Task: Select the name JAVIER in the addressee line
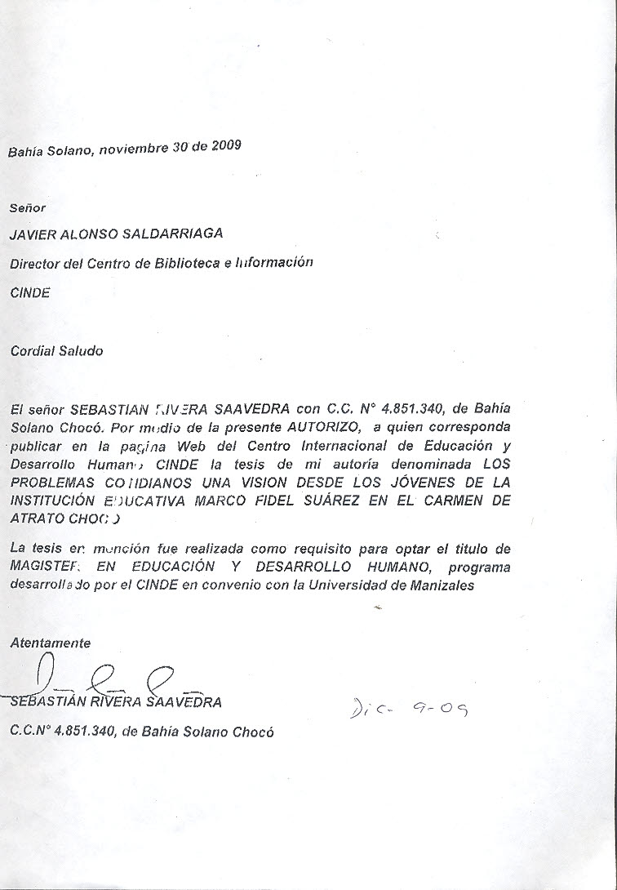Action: pyautogui.click(x=34, y=234)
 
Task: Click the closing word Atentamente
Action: pyautogui.click(x=50, y=643)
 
